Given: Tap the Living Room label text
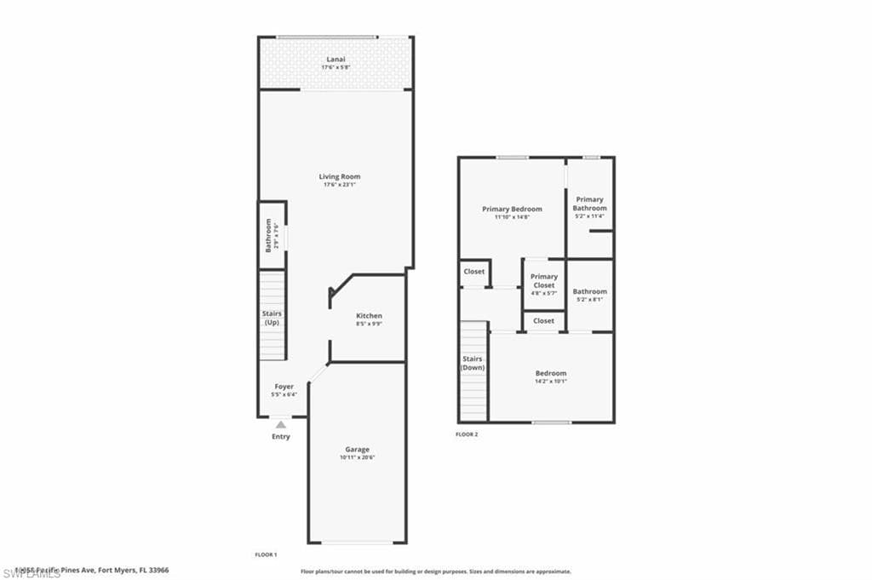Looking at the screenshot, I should pos(340,177).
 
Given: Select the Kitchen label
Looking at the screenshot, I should pos(369,316).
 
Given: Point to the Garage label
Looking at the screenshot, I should pos(357,449).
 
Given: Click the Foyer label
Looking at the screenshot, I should pos(284,387).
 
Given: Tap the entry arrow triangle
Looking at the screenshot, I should pos(281,422).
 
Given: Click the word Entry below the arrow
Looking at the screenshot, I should pos(281,437).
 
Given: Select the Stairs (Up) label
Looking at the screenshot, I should pos(272,319).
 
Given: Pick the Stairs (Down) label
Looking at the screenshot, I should pos(473,364).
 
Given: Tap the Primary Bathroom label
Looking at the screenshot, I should pos(589,204).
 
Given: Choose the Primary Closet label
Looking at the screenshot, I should pos(544,281).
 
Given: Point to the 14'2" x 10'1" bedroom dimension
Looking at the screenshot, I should pos(550,382).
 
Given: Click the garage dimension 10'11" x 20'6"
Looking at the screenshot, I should pos(357,457).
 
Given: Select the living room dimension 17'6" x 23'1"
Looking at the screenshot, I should pos(340,186).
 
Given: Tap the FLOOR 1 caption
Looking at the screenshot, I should pos(266,554).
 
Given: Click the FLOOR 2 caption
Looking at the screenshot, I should pos(467,434).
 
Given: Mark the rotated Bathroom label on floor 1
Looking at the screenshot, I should pos(268,235).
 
